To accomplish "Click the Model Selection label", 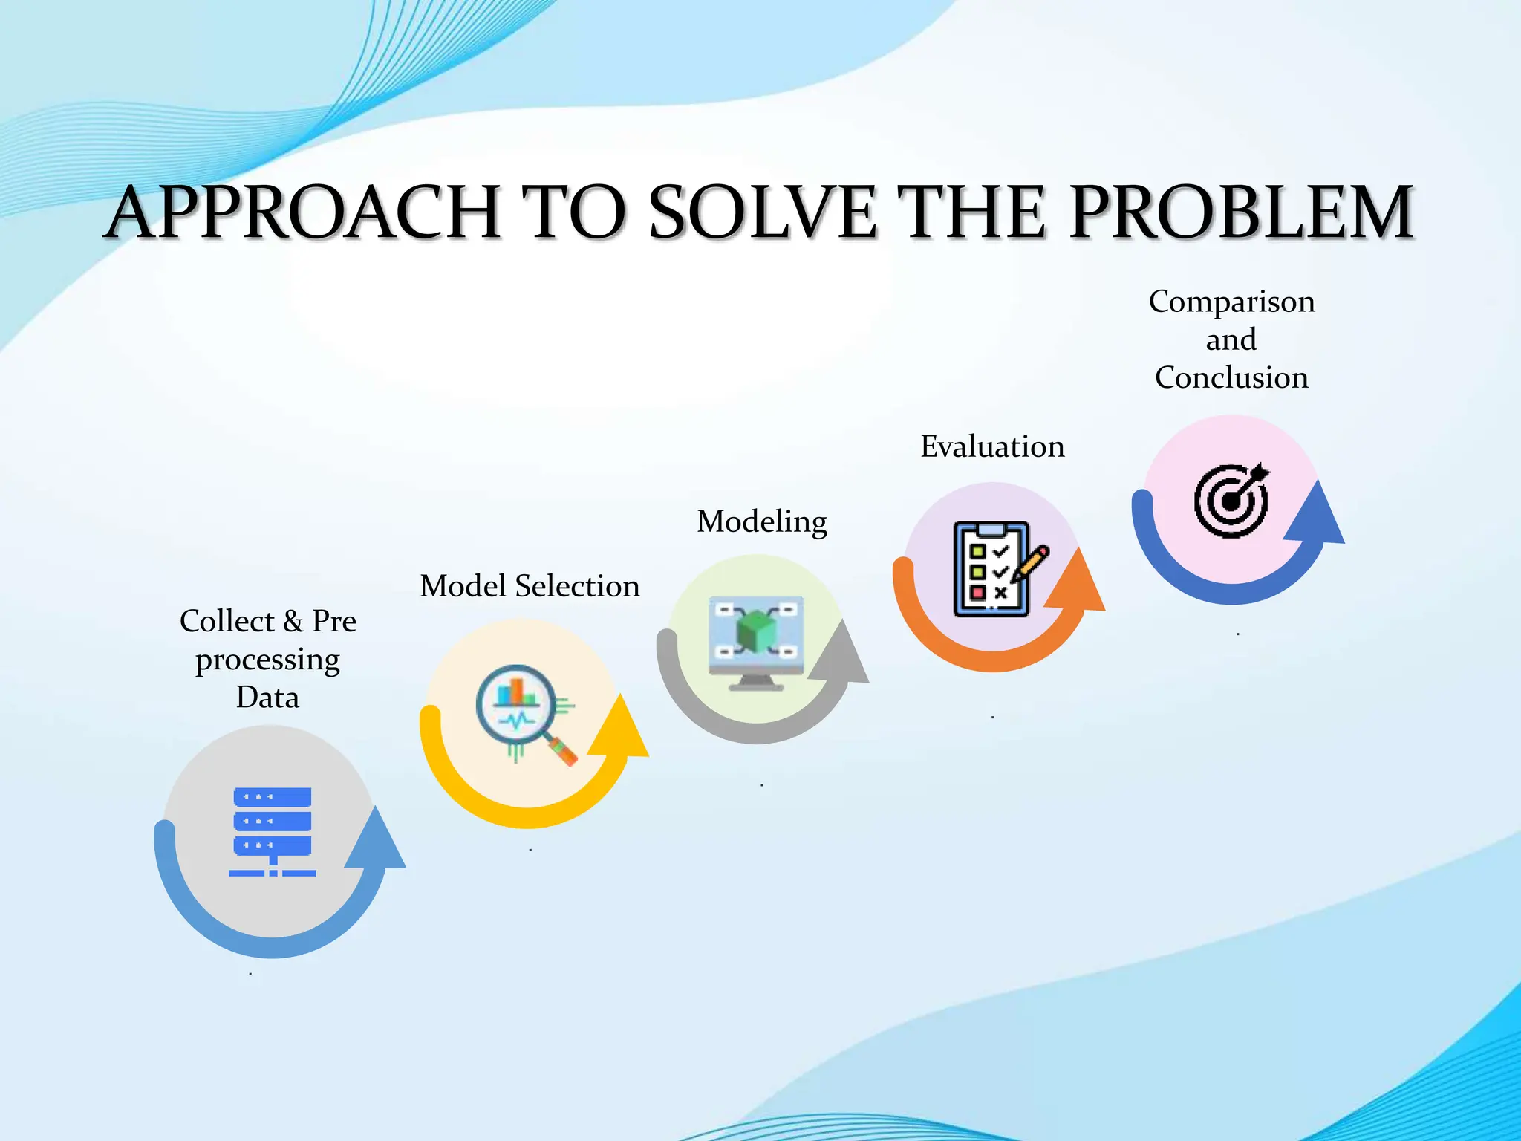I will (x=530, y=586).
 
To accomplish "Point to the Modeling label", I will (x=762, y=521).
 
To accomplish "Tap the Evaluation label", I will (x=992, y=446).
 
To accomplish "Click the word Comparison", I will (x=1231, y=302).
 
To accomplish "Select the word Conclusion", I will (x=1231, y=377).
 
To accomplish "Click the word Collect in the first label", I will (x=227, y=621).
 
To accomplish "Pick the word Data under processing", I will (x=267, y=698).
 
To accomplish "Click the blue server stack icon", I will (x=273, y=831).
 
